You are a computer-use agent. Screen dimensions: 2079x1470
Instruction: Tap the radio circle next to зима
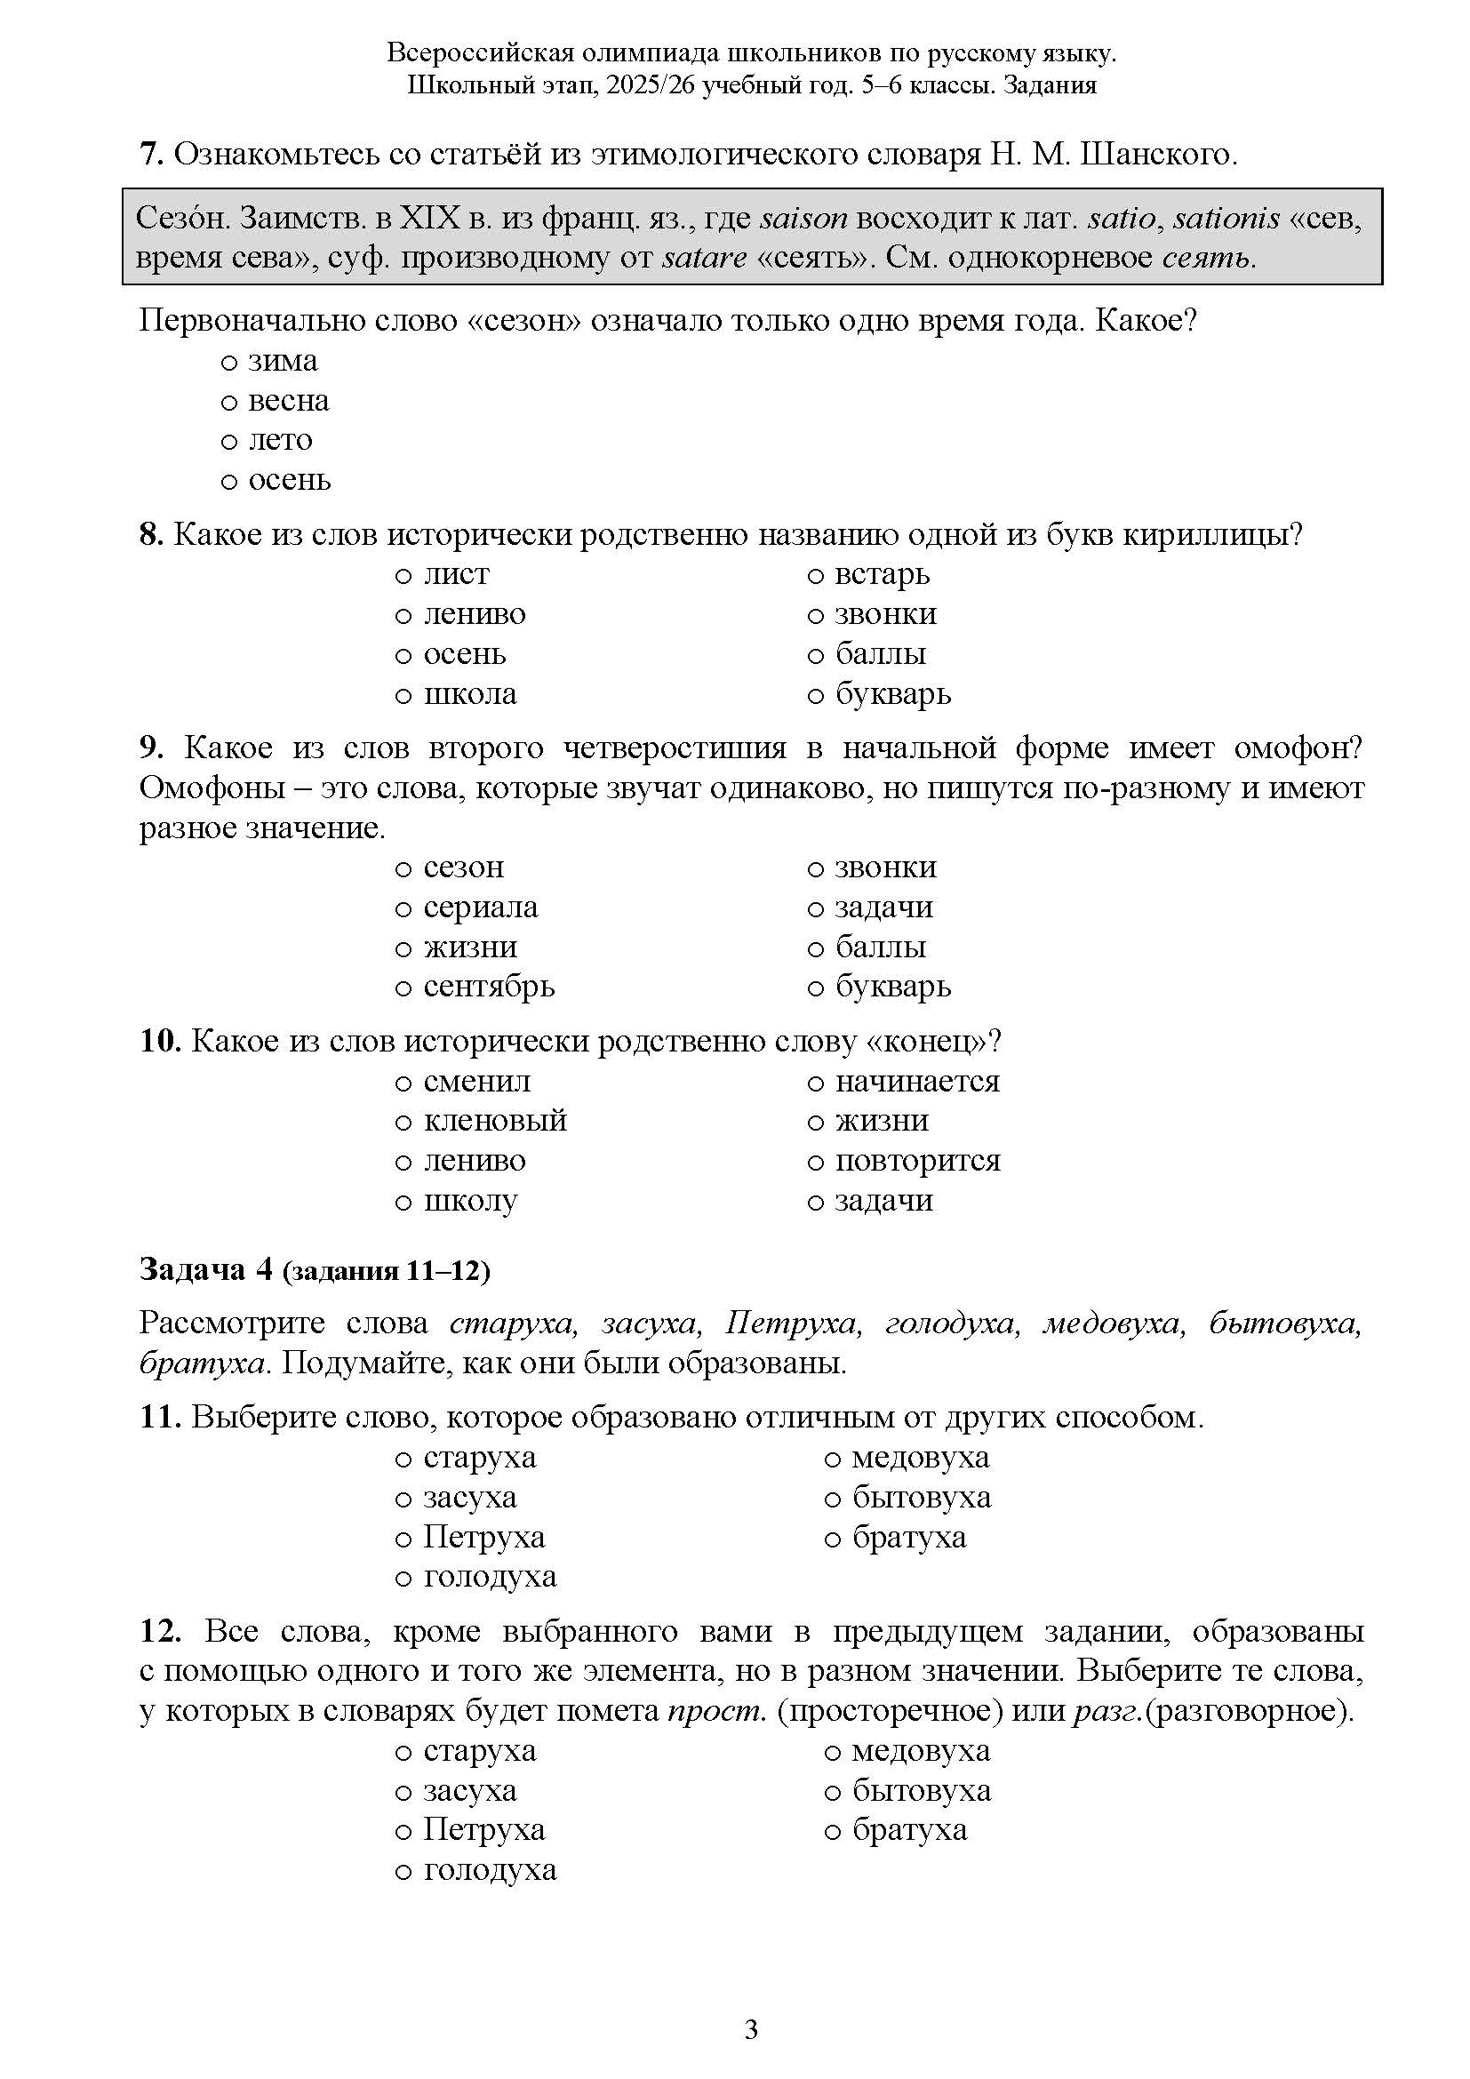(229, 362)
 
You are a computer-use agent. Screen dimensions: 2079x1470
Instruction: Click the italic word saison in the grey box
(803, 219)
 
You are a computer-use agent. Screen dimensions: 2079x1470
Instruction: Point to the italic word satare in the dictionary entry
(704, 258)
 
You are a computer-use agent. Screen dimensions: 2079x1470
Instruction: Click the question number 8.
(150, 534)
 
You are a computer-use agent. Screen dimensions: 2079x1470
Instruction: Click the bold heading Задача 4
(205, 1269)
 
